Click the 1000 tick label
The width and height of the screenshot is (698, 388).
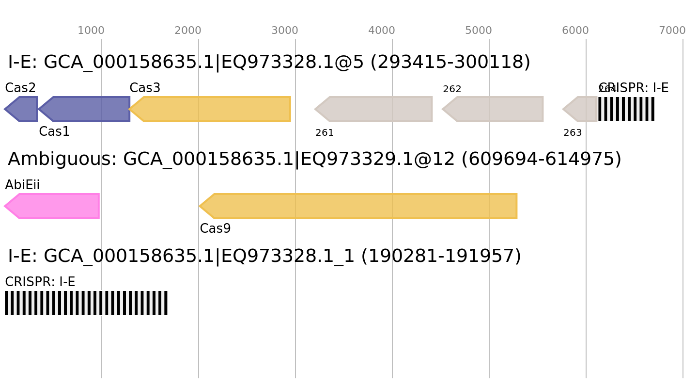[91, 31]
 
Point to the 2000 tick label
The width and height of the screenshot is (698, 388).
[188, 31]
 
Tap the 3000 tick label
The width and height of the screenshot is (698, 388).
[285, 31]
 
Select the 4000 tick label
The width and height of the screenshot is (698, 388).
[382, 31]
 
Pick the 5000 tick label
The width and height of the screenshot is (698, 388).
[479, 31]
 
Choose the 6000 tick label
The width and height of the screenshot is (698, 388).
[575, 31]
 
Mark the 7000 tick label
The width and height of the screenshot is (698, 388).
[672, 31]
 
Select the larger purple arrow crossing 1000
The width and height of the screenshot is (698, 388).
[87, 109]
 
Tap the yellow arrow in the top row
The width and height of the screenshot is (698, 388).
[213, 109]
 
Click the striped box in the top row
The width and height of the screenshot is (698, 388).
[626, 109]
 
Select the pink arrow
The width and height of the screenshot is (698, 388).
[53, 206]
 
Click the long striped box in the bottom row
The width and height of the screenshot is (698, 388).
[86, 303]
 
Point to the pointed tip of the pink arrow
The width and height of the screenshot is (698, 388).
[5, 206]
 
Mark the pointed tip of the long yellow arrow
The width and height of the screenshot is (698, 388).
[200, 206]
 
